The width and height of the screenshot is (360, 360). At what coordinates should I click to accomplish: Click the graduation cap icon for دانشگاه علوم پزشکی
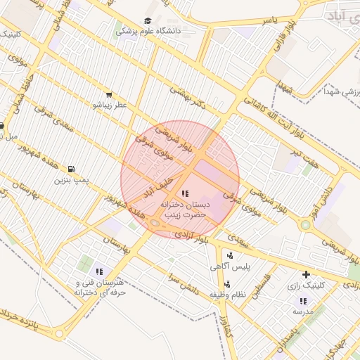click(x=148, y=21)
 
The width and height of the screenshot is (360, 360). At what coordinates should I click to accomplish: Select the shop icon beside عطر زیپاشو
click(x=108, y=94)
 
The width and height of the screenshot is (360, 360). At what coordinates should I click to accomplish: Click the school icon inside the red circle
click(x=184, y=193)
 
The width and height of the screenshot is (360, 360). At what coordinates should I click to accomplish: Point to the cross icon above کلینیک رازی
click(x=305, y=274)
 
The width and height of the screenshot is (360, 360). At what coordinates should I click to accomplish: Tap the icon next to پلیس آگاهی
click(x=231, y=256)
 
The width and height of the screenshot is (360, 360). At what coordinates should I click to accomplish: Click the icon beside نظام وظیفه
click(x=227, y=283)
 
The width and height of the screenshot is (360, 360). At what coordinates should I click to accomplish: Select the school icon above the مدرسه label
click(x=302, y=301)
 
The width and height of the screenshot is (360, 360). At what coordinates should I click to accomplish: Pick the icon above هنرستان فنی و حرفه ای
click(x=99, y=271)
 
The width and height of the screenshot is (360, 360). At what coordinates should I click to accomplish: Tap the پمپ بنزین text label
click(x=73, y=180)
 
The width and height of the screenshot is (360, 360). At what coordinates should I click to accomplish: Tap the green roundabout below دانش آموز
click(x=305, y=225)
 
